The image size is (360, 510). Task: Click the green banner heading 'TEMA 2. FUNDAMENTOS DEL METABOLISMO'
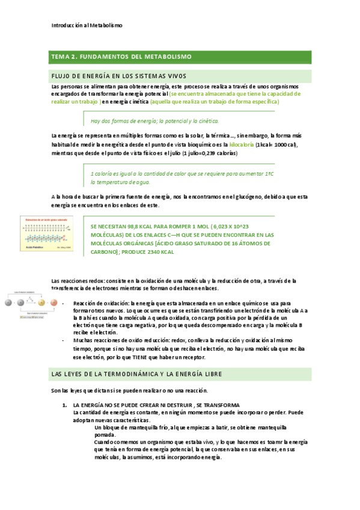point(122,57)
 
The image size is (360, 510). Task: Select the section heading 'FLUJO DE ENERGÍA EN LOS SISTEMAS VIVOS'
point(119,76)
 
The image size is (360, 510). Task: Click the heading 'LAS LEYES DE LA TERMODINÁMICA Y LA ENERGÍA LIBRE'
point(138,374)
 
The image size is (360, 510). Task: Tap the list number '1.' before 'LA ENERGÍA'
point(64,405)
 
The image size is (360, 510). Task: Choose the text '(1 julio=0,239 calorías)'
point(204,153)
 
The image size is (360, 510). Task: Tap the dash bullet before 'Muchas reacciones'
point(64,340)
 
